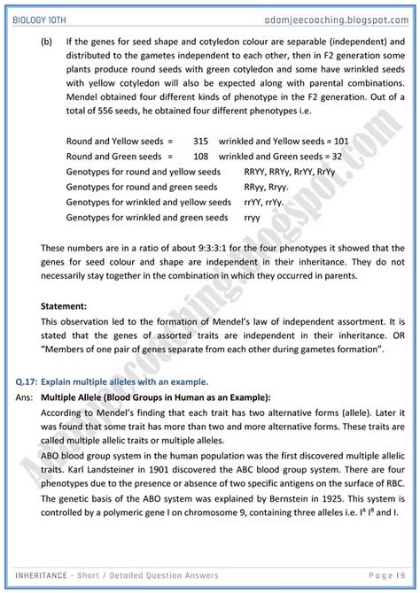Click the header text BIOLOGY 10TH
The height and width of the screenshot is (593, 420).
tap(39, 15)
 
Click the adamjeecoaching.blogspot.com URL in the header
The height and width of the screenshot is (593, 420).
tap(343, 15)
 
